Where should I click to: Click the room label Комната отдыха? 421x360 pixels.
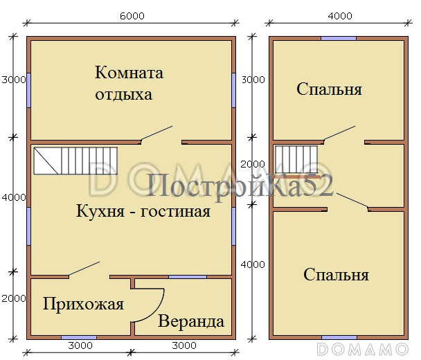129,83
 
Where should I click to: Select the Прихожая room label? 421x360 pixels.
83,304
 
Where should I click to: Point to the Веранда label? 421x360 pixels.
191,321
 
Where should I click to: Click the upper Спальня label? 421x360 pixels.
330,89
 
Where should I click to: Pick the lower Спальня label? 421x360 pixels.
336,275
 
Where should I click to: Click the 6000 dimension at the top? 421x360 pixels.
131,16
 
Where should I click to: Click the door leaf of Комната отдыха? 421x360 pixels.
156,134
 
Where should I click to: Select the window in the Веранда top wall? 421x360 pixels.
186,278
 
